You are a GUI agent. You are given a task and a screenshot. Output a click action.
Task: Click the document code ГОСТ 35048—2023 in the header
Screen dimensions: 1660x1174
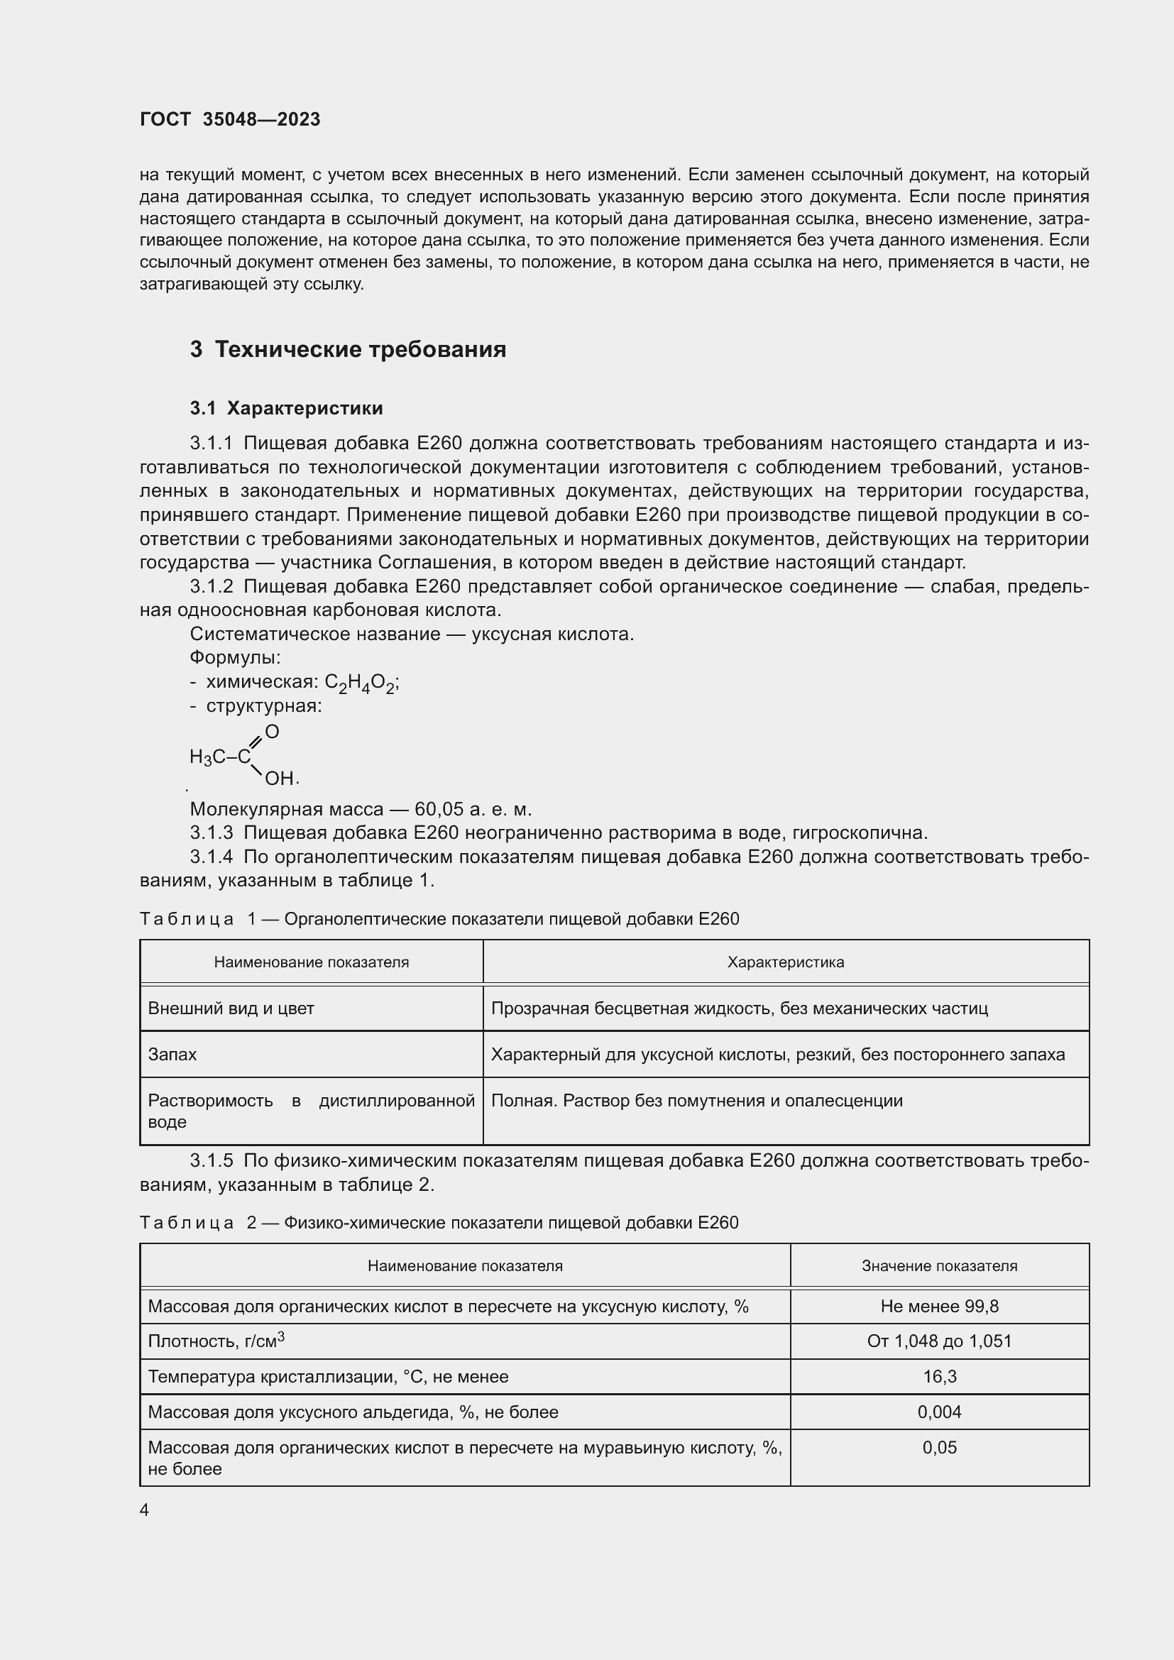[x=230, y=119]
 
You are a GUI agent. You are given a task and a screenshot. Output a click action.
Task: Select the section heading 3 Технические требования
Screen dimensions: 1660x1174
[x=348, y=349]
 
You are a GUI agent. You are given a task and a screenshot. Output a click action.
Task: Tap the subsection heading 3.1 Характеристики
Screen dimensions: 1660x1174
[x=286, y=409]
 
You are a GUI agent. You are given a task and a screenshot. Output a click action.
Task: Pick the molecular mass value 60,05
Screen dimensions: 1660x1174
[x=438, y=809]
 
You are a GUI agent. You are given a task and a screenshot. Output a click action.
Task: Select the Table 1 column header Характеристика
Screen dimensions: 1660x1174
[x=785, y=962]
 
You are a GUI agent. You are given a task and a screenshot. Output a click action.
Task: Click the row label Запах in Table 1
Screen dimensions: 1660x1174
[x=172, y=1055]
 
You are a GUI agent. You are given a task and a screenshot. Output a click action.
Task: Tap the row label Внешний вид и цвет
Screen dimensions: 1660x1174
[x=231, y=1008]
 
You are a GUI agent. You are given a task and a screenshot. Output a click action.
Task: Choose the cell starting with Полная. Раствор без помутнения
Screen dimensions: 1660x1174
[x=696, y=1101]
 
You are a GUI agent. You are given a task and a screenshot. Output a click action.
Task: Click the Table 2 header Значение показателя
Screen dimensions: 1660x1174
[x=939, y=1266]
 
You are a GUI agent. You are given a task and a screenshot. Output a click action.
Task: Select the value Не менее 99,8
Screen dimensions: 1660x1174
[x=939, y=1307]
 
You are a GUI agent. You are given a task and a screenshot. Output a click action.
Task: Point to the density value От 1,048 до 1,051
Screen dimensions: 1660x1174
[x=939, y=1341]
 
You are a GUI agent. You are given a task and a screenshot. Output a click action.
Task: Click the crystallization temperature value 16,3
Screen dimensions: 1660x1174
[x=939, y=1377]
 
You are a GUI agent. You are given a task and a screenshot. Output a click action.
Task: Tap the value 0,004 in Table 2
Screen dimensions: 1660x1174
[x=939, y=1412]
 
